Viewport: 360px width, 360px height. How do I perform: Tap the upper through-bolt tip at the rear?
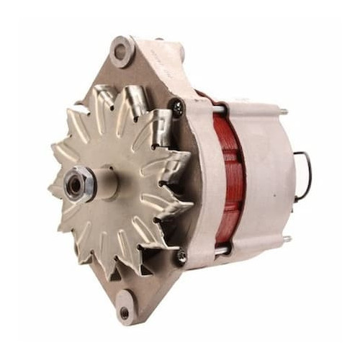point(284,112)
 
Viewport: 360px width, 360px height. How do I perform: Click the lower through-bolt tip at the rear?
point(286,239)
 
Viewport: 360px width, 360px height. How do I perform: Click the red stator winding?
point(229,176)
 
